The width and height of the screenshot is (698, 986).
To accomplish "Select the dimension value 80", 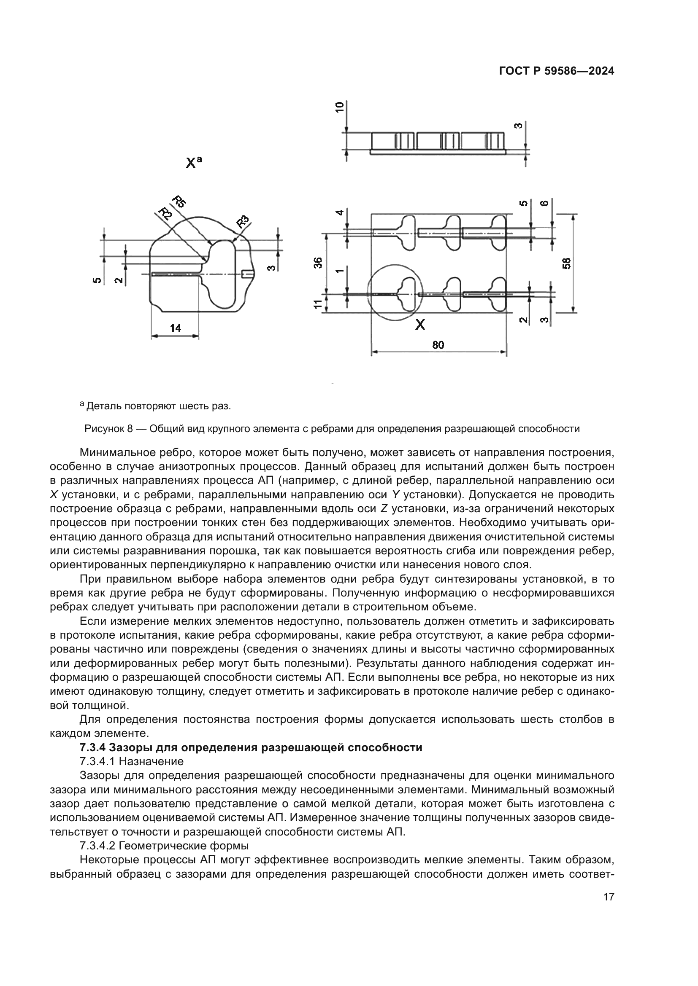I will [438, 344].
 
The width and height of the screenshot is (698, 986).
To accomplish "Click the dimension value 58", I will [567, 263].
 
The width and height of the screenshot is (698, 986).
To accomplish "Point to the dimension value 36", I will [318, 262].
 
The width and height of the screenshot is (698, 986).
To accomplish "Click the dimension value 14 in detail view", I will [176, 328].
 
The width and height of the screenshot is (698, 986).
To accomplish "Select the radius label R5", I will [179, 201].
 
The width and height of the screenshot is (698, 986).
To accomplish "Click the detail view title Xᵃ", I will [193, 162].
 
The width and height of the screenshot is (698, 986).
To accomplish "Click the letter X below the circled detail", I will [420, 325].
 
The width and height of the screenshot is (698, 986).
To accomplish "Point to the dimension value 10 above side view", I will [340, 107].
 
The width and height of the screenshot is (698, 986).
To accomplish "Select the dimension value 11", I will [318, 304].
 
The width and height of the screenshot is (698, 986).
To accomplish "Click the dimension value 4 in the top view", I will [340, 212].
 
